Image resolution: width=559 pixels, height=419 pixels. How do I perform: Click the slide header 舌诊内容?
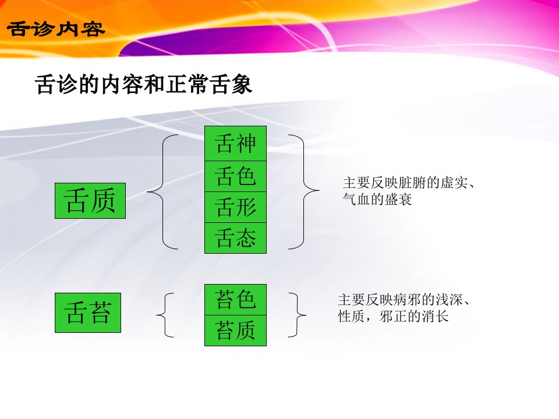(x=56, y=29)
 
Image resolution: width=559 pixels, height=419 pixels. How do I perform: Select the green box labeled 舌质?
(x=90, y=201)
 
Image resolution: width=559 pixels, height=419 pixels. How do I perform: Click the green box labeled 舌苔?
(x=88, y=313)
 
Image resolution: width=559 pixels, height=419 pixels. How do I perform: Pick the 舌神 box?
(x=235, y=143)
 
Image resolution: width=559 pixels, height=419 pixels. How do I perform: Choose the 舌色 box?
(x=235, y=176)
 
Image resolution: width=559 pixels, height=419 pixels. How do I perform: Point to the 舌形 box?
(x=235, y=207)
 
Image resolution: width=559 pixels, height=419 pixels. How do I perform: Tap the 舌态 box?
(x=235, y=238)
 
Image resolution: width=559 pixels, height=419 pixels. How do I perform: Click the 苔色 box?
(x=235, y=300)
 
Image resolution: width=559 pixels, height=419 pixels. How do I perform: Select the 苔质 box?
(x=235, y=331)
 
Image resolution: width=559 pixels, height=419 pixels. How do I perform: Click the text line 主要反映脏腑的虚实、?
(x=409, y=183)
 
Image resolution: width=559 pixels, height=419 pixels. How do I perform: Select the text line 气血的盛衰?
(x=377, y=199)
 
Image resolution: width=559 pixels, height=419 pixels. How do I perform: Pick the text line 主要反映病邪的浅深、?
(x=404, y=300)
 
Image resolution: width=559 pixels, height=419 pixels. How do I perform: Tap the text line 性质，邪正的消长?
(x=393, y=316)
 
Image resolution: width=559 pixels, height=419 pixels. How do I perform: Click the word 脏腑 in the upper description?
(x=412, y=183)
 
